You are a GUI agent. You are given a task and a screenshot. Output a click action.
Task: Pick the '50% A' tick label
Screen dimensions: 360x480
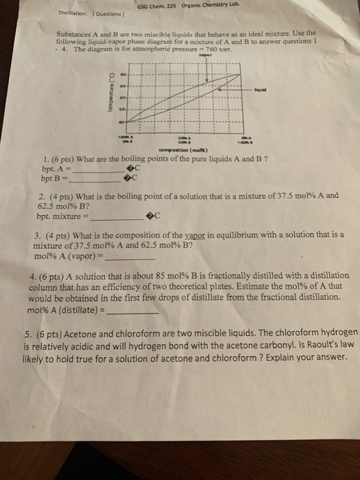pyautogui.click(x=184, y=138)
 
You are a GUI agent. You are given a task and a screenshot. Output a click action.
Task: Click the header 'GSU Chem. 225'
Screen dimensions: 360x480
pyautogui.click(x=157, y=7)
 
